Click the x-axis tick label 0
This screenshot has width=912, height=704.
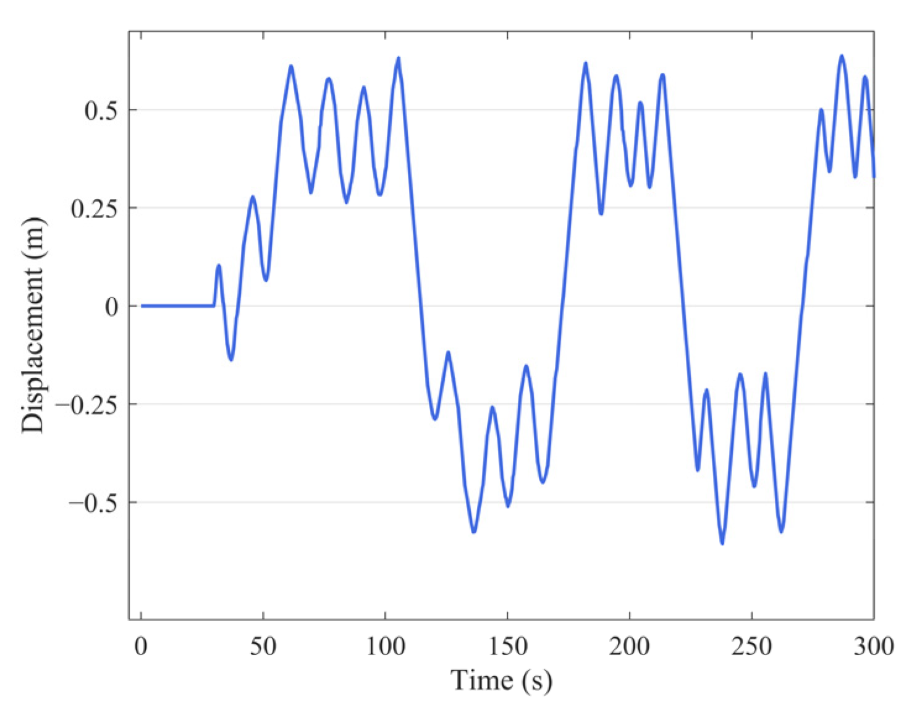tap(141, 647)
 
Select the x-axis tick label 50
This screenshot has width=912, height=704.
tap(263, 647)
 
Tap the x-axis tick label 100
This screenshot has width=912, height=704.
tap(385, 647)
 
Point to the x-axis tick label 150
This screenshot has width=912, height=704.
tap(507, 647)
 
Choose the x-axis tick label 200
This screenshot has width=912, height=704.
tap(629, 647)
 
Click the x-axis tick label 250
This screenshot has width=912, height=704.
tap(751, 647)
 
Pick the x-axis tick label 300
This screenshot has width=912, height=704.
tap(873, 647)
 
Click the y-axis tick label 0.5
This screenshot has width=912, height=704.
tap(102, 111)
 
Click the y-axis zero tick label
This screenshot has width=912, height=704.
tap(111, 307)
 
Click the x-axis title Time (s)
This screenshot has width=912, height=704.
tap(501, 681)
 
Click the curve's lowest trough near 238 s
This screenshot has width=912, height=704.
tap(722, 543)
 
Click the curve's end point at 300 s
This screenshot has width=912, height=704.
tap(874, 177)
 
